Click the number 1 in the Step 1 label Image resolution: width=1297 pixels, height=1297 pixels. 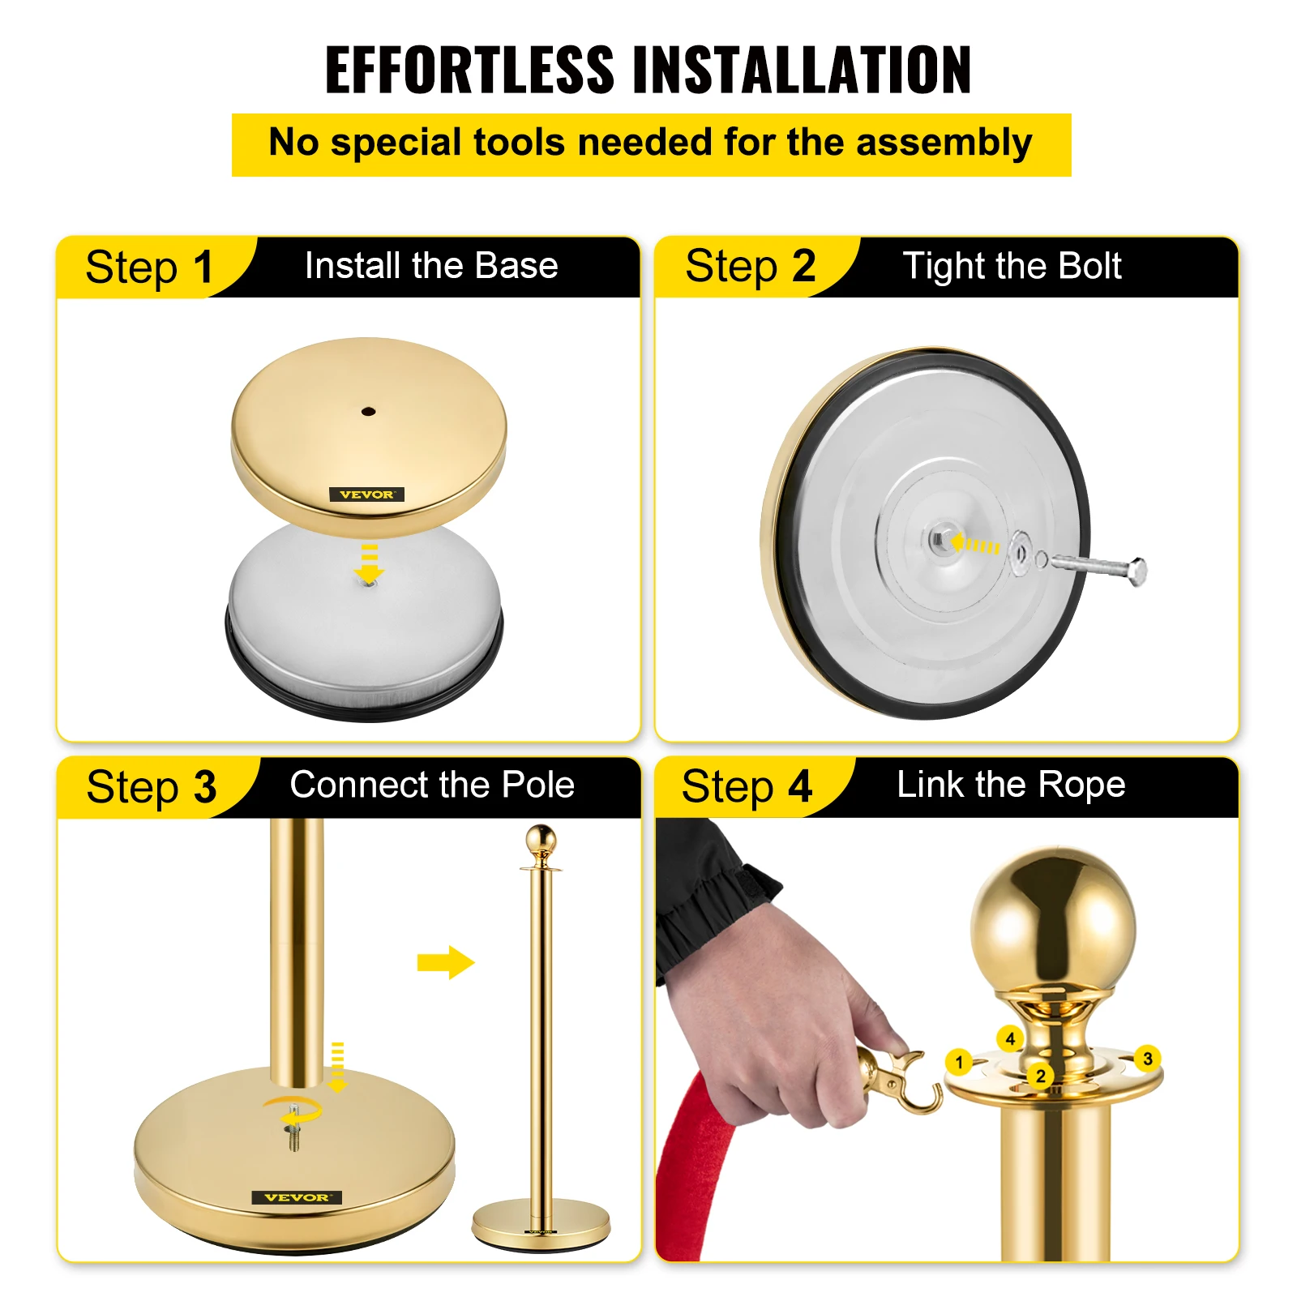pyautogui.click(x=203, y=268)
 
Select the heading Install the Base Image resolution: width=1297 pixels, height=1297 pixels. pyautogui.click(x=431, y=266)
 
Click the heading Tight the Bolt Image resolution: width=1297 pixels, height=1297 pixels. pyautogui.click(x=1012, y=266)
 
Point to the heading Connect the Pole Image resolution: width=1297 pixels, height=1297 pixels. pyautogui.click(x=432, y=785)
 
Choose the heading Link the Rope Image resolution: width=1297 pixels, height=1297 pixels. pyautogui.click(x=1011, y=785)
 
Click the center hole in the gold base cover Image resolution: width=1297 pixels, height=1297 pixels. pyautogui.click(x=368, y=412)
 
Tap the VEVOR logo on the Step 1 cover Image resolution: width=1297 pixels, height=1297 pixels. pyautogui.click(x=366, y=494)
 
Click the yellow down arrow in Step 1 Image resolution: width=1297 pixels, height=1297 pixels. pyautogui.click(x=370, y=564)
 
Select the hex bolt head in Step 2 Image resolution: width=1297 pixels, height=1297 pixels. pyautogui.click(x=1137, y=571)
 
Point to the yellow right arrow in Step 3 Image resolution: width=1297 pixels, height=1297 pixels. pyautogui.click(x=445, y=962)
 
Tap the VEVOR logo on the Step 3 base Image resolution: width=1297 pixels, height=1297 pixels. pyautogui.click(x=297, y=1197)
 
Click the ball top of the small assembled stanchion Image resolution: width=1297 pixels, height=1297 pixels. pyautogui.click(x=541, y=839)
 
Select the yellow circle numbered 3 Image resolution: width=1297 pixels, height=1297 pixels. pyautogui.click(x=1147, y=1059)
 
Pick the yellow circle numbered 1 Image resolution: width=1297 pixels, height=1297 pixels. pyautogui.click(x=959, y=1061)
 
